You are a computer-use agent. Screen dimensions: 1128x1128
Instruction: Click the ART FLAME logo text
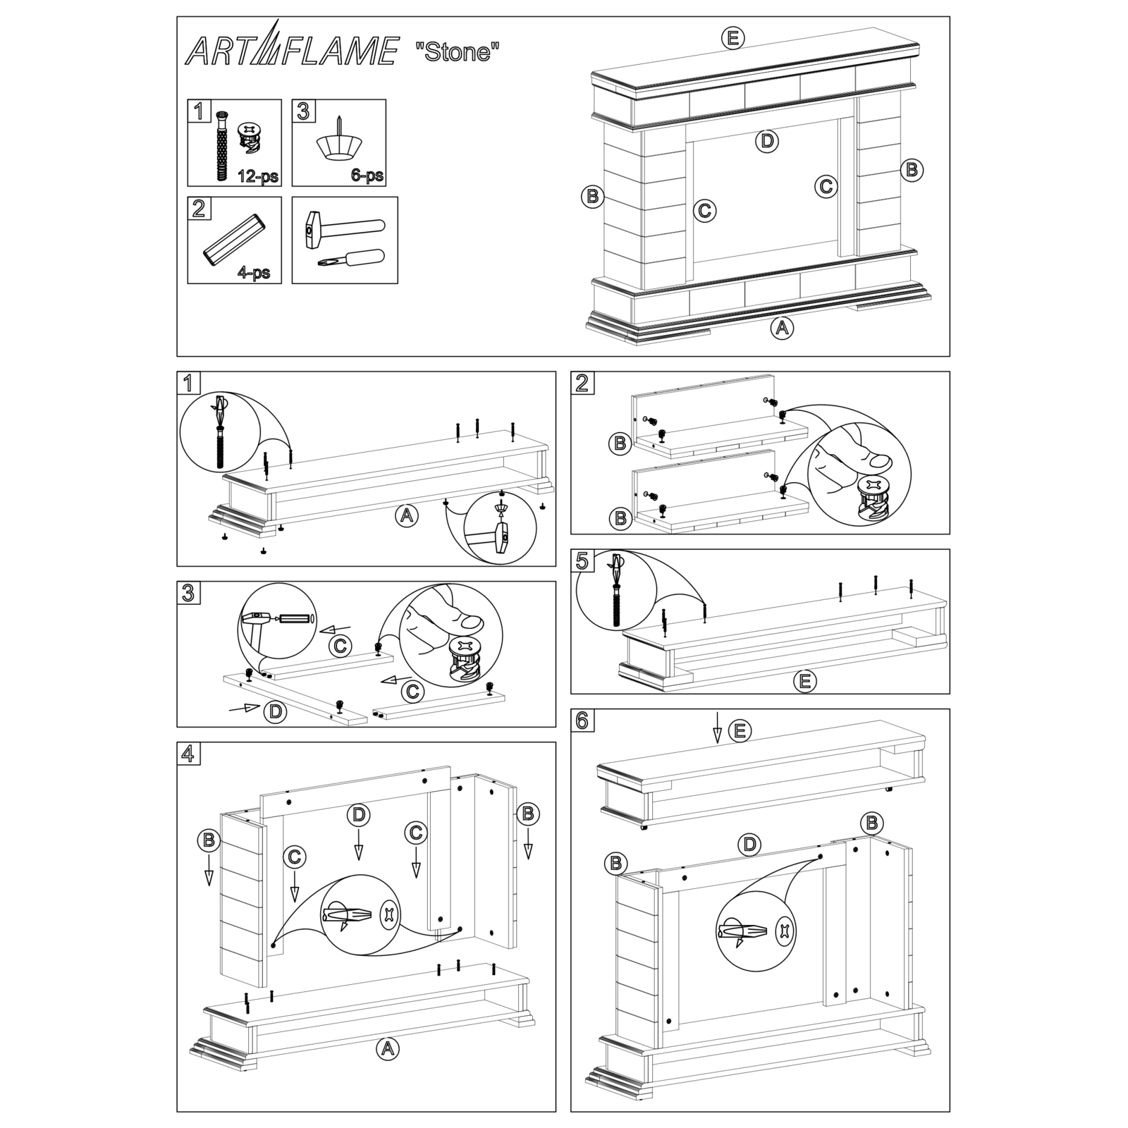pyautogui.click(x=290, y=51)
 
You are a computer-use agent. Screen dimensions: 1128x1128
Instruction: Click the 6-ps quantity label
pyautogui.click(x=367, y=175)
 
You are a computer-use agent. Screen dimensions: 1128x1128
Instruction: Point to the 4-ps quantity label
pyautogui.click(x=254, y=272)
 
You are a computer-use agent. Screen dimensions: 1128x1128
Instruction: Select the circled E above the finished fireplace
pyautogui.click(x=733, y=37)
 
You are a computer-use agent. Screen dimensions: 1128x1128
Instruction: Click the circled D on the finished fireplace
pyautogui.click(x=767, y=141)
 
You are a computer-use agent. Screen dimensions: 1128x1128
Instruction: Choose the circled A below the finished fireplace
pyautogui.click(x=781, y=327)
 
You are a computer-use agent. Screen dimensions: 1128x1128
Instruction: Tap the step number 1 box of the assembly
pyautogui.click(x=188, y=383)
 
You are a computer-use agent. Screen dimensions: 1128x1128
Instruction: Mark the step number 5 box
pyautogui.click(x=582, y=560)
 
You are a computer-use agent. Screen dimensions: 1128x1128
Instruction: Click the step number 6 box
pyautogui.click(x=582, y=721)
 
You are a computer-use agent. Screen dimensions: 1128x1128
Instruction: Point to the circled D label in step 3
pyautogui.click(x=275, y=711)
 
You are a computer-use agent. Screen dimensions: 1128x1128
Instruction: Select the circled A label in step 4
pyautogui.click(x=386, y=1048)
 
